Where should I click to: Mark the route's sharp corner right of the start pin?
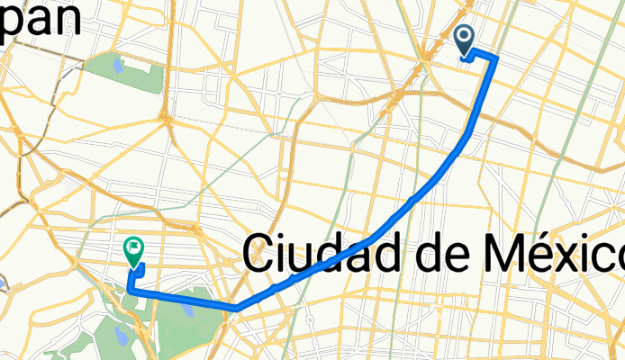click(x=496, y=58)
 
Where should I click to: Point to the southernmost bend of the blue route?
click(x=235, y=308)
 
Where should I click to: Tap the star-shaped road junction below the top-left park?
click(x=165, y=117)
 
